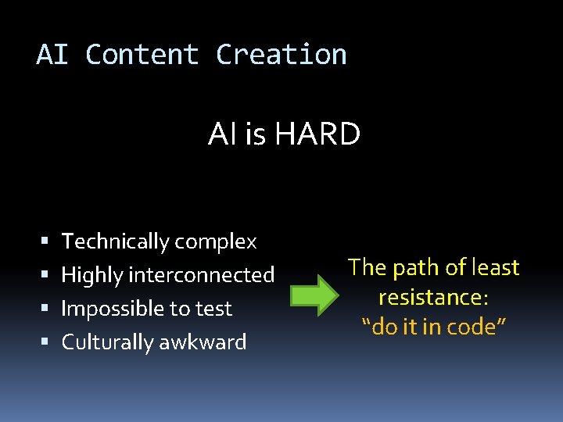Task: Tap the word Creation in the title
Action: click(x=281, y=55)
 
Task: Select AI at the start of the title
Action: click(x=52, y=55)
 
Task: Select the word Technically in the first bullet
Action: click(x=116, y=242)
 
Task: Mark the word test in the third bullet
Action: click(x=213, y=309)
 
